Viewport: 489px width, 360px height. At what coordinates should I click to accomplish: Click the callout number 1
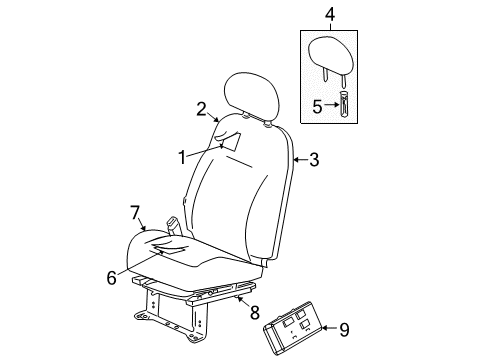click(182, 156)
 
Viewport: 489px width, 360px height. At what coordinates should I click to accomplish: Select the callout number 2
click(200, 109)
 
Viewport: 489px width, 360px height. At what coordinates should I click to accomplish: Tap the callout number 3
click(314, 157)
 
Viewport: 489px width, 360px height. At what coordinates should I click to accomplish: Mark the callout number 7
click(135, 211)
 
